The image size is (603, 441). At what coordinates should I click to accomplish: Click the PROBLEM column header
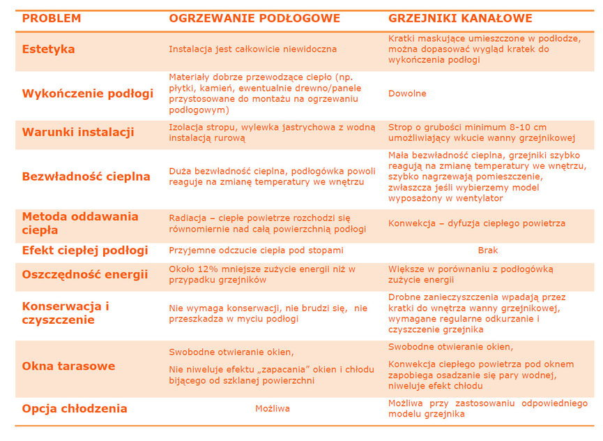pos(52,18)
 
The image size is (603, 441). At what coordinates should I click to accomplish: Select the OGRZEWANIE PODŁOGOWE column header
pos(254,18)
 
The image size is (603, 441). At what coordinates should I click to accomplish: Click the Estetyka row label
pos(48,50)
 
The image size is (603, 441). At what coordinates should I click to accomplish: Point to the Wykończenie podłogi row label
pos(87,94)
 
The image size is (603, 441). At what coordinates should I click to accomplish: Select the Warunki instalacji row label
pos(78,132)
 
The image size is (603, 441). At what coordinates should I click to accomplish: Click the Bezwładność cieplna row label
pos(86,177)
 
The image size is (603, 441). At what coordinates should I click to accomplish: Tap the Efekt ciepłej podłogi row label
pos(84,251)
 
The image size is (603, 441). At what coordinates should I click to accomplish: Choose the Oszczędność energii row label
pos(85,274)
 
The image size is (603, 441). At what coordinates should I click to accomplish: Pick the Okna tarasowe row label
pos(68,366)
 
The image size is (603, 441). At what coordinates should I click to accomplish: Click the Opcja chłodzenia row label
pos(75,409)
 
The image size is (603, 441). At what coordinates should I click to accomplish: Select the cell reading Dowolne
pos(407,94)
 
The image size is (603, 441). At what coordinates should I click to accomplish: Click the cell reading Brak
pos(488,251)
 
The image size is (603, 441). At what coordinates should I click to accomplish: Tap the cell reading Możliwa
pos(273,409)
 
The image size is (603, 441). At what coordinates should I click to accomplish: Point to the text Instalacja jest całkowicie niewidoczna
pos(252,50)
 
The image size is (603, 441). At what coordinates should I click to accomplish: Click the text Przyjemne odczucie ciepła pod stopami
pos(256,251)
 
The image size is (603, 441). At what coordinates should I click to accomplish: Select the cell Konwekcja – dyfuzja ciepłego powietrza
pos(476,224)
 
